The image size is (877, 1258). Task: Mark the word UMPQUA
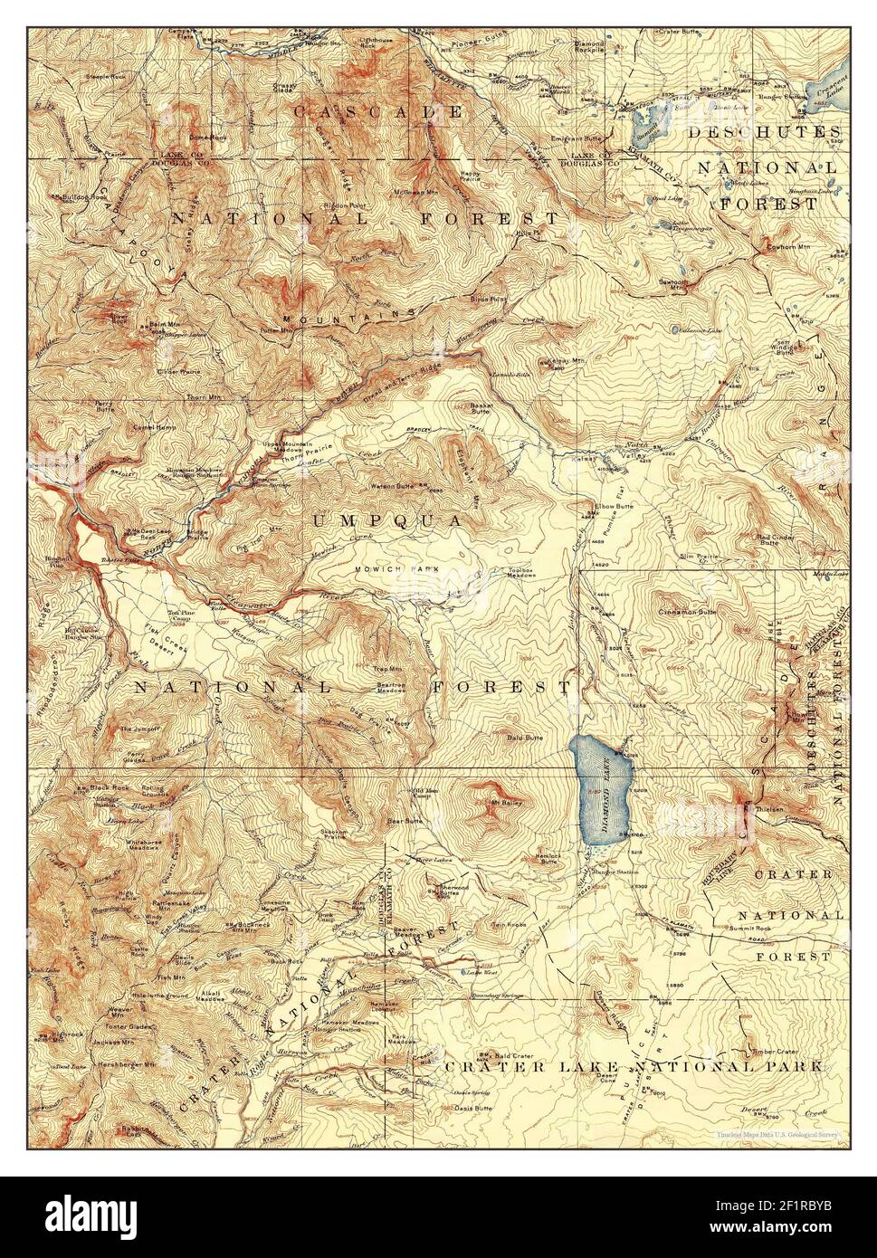point(387,521)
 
